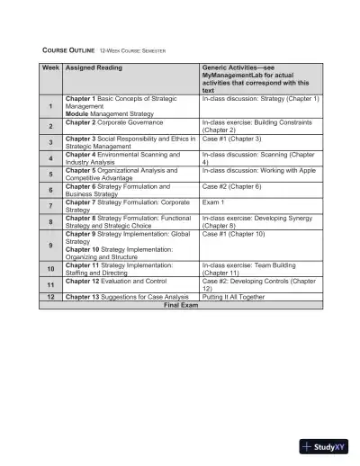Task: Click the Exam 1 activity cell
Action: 213,202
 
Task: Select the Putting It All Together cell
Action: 233,296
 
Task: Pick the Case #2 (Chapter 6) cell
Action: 231,185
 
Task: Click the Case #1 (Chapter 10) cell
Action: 233,233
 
